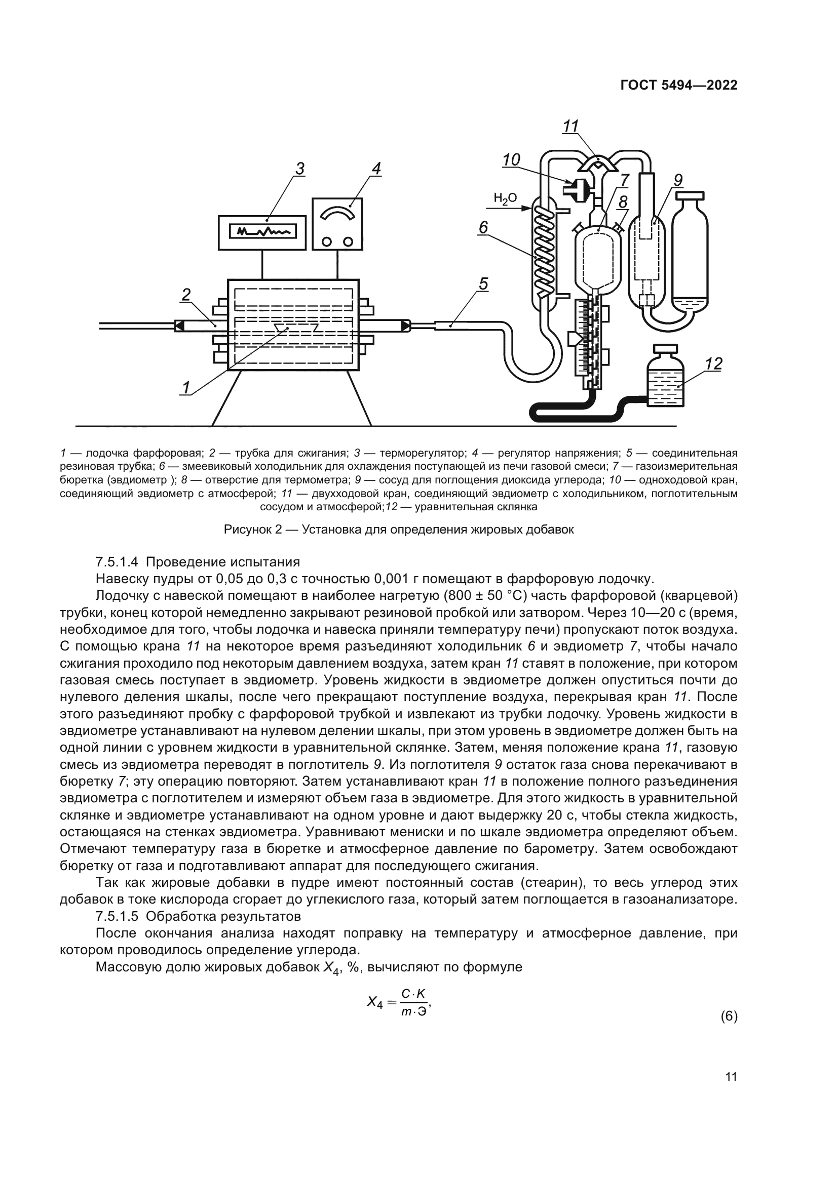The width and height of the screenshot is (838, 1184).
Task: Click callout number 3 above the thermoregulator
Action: [x=300, y=169]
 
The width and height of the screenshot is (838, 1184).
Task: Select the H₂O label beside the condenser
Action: [x=505, y=197]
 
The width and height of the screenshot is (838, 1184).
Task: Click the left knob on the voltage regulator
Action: [x=327, y=241]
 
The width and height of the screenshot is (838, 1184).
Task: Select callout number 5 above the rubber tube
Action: [x=483, y=283]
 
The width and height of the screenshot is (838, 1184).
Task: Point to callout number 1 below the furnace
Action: [x=185, y=387]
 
